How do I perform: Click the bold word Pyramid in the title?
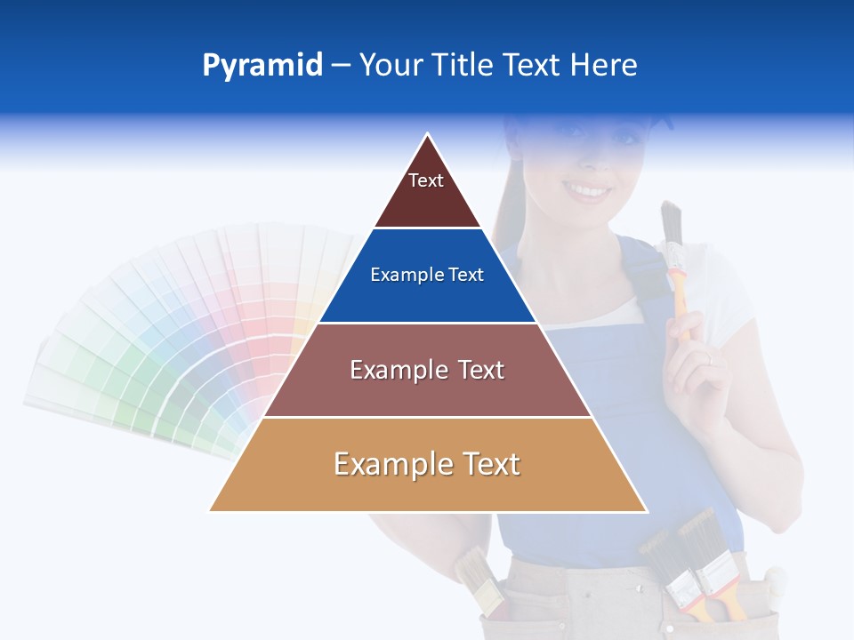click(x=262, y=66)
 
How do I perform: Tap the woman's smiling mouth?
click(x=588, y=190)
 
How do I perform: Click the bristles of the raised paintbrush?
click(x=671, y=222)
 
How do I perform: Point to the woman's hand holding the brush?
click(x=698, y=364)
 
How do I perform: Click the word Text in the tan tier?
click(x=484, y=464)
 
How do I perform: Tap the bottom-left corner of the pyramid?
click(x=211, y=510)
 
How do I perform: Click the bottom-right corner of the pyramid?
click(x=646, y=510)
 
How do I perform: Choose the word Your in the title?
click(x=390, y=66)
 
